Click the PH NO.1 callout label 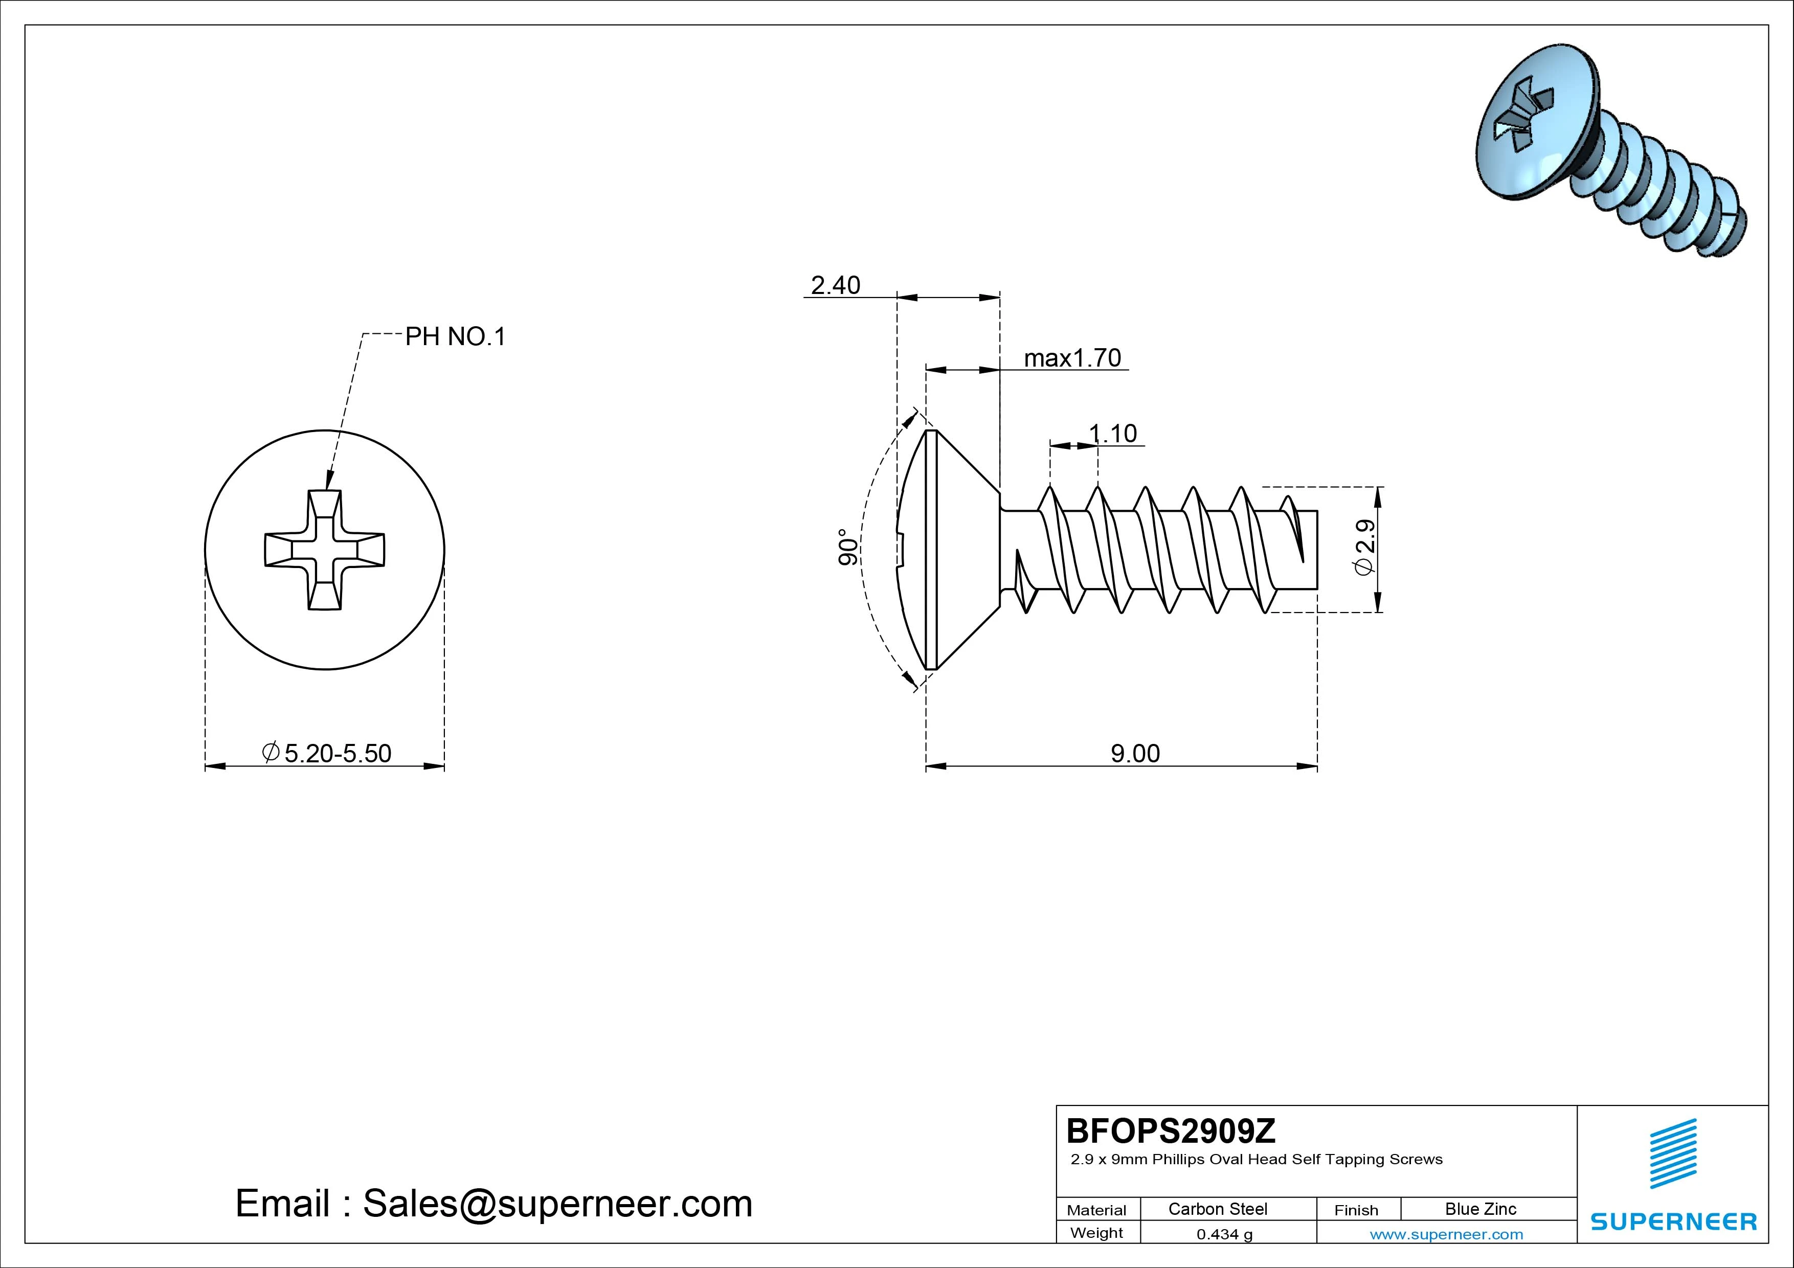[455, 337]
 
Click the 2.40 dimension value [835, 285]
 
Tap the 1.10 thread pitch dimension [1113, 433]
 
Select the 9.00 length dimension [1135, 753]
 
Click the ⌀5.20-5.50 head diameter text [327, 753]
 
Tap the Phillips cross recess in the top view [324, 550]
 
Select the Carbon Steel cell [1217, 1209]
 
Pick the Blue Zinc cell [1480, 1209]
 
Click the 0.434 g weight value [1224, 1234]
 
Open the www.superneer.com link [1446, 1234]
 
